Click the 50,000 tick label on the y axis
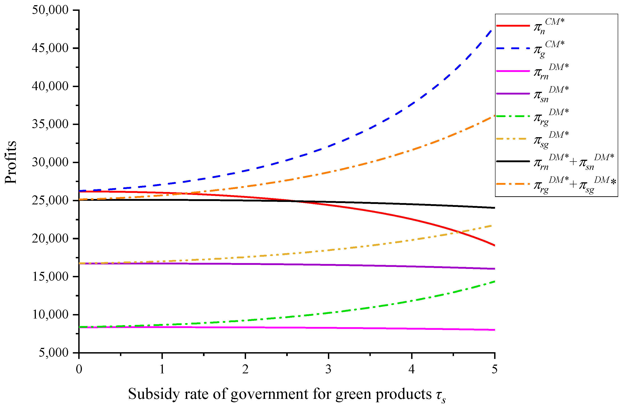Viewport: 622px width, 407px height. tap(50, 10)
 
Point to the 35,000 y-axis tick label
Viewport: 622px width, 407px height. tap(50, 124)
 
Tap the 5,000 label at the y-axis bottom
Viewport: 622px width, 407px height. tap(54, 353)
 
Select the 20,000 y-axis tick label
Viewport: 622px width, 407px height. tap(50, 238)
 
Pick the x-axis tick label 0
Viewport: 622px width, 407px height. tap(79, 369)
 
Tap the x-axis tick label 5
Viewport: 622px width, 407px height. tap(494, 369)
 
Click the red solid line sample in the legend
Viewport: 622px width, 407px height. tap(513, 26)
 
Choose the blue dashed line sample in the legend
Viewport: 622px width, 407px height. tap(513, 48)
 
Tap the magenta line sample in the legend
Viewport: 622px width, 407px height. tap(513, 71)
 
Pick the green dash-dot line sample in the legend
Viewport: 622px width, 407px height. tap(513, 116)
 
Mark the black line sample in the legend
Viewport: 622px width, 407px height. tap(513, 161)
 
